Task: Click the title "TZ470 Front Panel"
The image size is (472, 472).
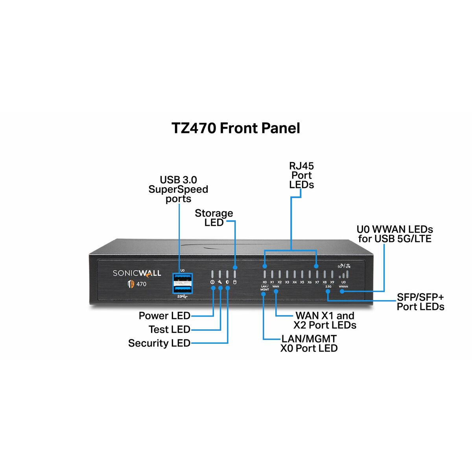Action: [236, 128]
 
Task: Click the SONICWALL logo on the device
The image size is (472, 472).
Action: [137, 273]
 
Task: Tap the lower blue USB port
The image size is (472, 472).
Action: [182, 289]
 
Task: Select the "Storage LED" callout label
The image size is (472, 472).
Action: [214, 218]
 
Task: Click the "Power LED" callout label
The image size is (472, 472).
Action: [164, 316]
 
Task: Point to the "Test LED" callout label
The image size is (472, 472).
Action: [170, 330]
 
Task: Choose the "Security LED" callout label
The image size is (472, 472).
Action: [159, 343]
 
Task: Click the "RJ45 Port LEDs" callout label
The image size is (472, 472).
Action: [302, 175]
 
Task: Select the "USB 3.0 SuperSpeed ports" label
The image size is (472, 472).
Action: [178, 189]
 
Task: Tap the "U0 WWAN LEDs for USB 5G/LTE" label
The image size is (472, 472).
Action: [395, 234]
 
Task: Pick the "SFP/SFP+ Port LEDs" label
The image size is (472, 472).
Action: [420, 302]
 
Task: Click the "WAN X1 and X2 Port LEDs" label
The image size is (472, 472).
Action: [325, 321]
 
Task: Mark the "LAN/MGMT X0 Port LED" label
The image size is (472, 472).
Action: [309, 343]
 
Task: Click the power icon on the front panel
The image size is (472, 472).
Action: [212, 282]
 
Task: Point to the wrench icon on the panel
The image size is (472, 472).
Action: [220, 282]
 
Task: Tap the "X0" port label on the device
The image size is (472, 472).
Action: [265, 282]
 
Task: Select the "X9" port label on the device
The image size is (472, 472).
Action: [332, 282]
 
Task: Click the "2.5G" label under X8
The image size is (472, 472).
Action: [328, 287]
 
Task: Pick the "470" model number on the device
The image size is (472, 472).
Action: [141, 284]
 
